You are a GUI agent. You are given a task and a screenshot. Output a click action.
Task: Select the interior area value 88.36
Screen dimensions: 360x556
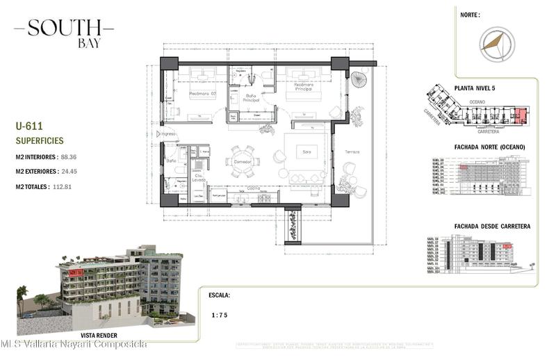pos(68,157)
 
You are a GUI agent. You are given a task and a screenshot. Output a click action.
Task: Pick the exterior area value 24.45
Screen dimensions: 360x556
pos(71,172)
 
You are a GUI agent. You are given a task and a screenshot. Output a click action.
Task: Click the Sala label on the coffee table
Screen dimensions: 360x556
pos(304,150)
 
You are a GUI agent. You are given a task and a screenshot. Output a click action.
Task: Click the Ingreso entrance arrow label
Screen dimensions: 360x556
pos(167,133)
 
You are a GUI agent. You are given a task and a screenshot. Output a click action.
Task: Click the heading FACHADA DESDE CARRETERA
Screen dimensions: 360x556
pos(492,226)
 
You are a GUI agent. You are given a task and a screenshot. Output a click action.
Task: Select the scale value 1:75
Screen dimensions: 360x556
pos(220,315)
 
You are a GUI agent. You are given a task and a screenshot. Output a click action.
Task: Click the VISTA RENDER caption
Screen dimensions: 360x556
pos(97,334)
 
